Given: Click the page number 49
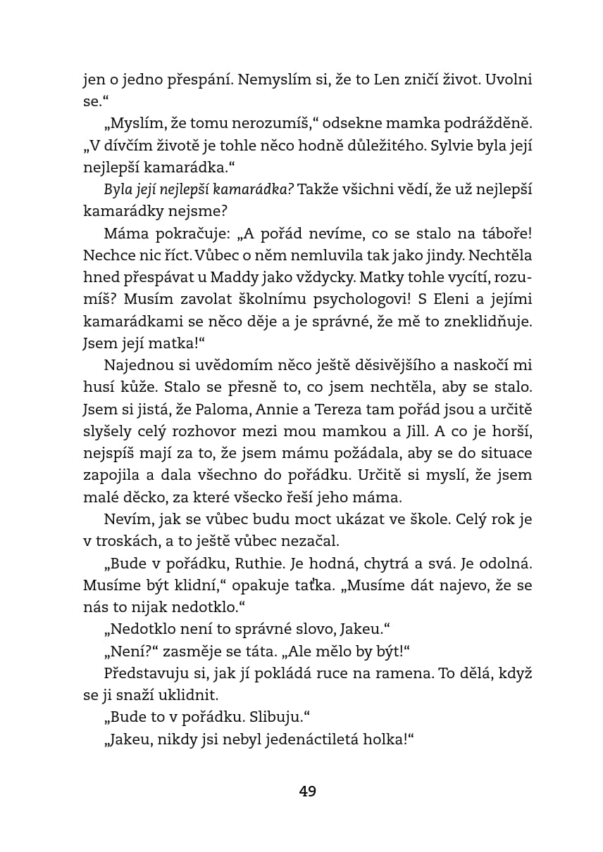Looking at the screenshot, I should pos(308,791).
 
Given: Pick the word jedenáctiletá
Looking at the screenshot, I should pos(309,739).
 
